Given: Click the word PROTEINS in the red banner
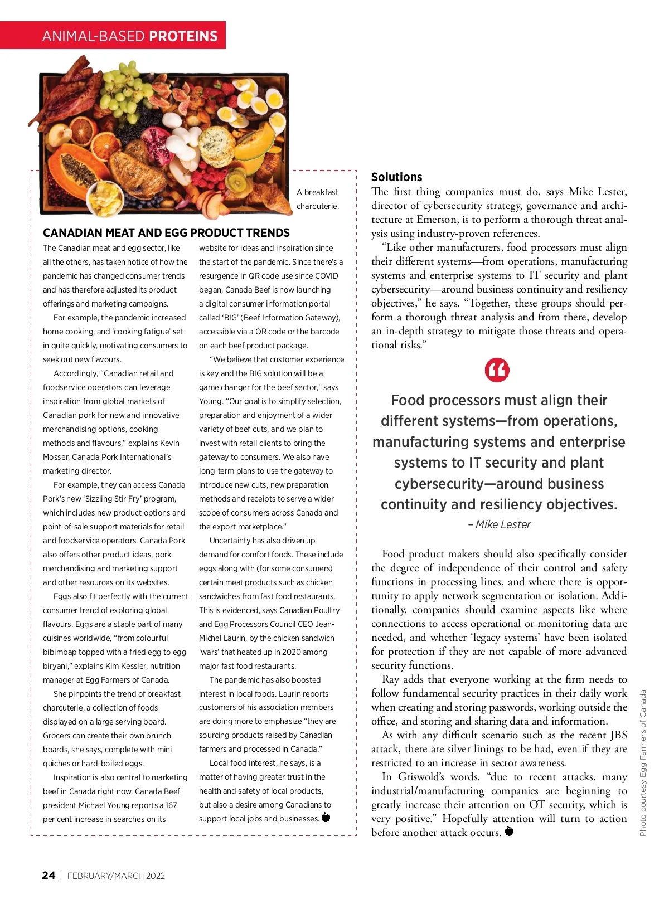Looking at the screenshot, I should [183, 36].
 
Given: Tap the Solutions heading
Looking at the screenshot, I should [396, 177].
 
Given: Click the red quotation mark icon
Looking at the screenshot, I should [497, 371].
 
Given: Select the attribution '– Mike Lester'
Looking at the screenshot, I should [500, 524].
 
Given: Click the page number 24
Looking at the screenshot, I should [49, 875].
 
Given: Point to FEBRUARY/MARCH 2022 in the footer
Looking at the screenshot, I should [116, 876].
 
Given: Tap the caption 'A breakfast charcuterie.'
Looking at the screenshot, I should [317, 199].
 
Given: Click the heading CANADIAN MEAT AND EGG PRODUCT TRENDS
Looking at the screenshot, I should [166, 233].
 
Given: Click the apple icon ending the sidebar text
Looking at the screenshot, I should [326, 818].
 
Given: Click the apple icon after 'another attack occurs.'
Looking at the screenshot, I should [508, 832].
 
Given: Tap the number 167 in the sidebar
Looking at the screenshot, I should [171, 805].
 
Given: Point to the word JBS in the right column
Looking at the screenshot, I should [619, 735].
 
